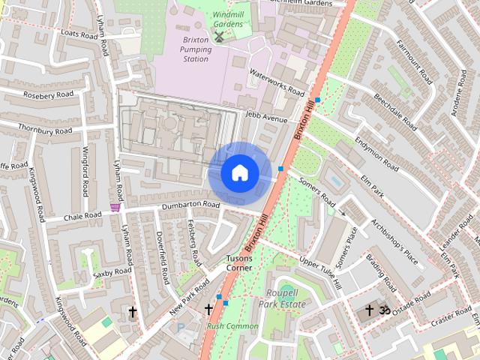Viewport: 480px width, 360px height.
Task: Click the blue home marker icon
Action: [x=240, y=172]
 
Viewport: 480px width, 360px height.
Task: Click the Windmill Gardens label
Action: [x=227, y=19]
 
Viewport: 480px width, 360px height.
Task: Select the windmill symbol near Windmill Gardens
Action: [x=219, y=37]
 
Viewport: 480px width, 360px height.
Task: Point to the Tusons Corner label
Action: [x=239, y=262]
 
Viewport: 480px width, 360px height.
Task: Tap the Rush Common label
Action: [x=232, y=326]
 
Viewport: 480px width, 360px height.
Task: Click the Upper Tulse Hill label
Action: [x=320, y=273]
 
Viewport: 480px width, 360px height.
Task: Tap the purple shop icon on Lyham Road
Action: [x=115, y=207]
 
